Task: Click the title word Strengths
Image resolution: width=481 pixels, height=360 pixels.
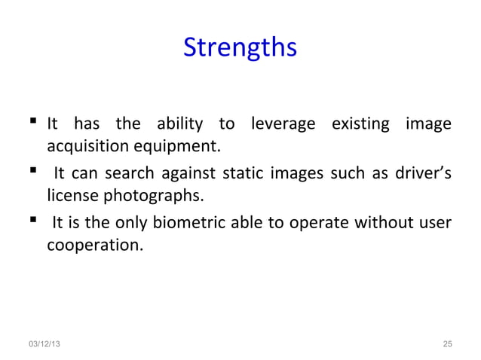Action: click(240, 48)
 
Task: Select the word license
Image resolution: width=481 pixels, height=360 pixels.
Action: click(69, 196)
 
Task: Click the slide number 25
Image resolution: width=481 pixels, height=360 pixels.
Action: click(447, 344)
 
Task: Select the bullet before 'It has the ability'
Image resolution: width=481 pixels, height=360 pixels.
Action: click(35, 123)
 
